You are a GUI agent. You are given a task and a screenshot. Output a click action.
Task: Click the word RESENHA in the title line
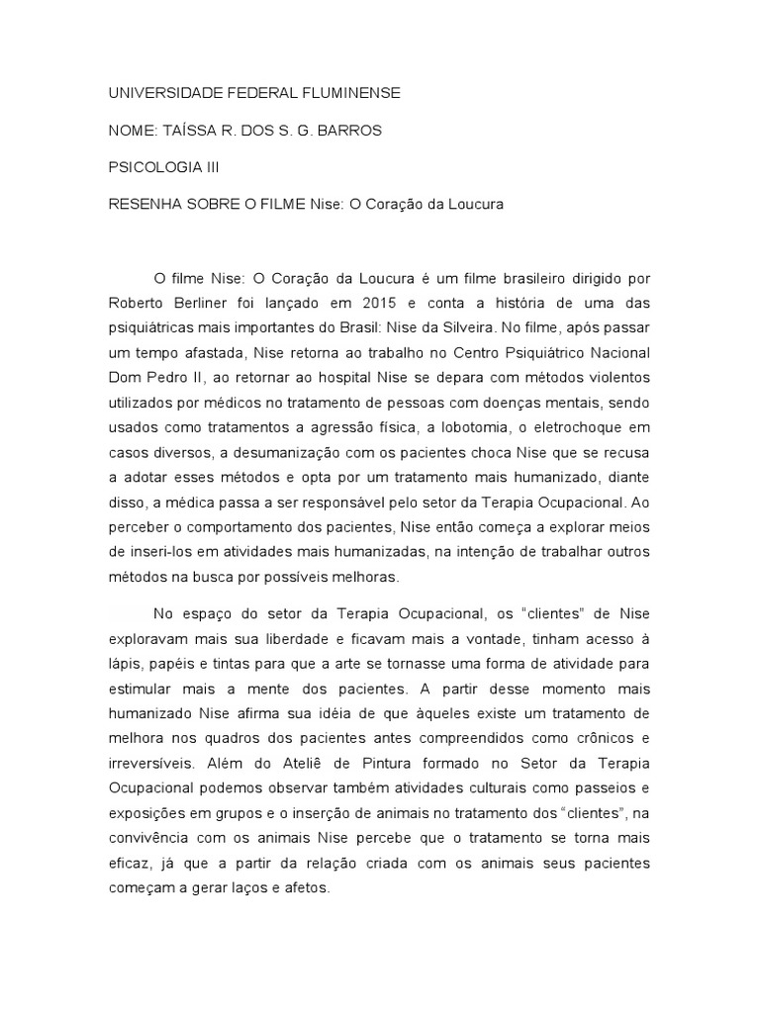[x=142, y=205]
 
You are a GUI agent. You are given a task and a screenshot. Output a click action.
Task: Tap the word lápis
[x=125, y=664]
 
